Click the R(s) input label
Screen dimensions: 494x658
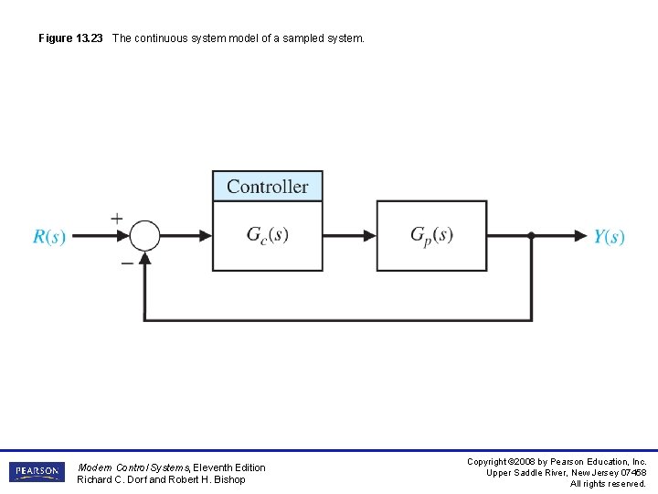48,237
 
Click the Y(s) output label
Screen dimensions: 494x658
609,237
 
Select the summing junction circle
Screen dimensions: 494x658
144,236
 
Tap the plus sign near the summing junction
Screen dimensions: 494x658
117,219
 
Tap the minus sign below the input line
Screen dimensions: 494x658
126,261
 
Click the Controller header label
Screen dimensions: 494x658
268,187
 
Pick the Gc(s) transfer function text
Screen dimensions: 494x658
268,235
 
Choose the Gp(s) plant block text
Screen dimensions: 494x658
431,235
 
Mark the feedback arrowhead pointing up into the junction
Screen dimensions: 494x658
144,259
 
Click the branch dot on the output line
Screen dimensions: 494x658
531,236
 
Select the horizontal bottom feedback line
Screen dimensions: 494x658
338,320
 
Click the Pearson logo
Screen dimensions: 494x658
37,472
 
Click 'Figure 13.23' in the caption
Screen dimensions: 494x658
71,38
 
